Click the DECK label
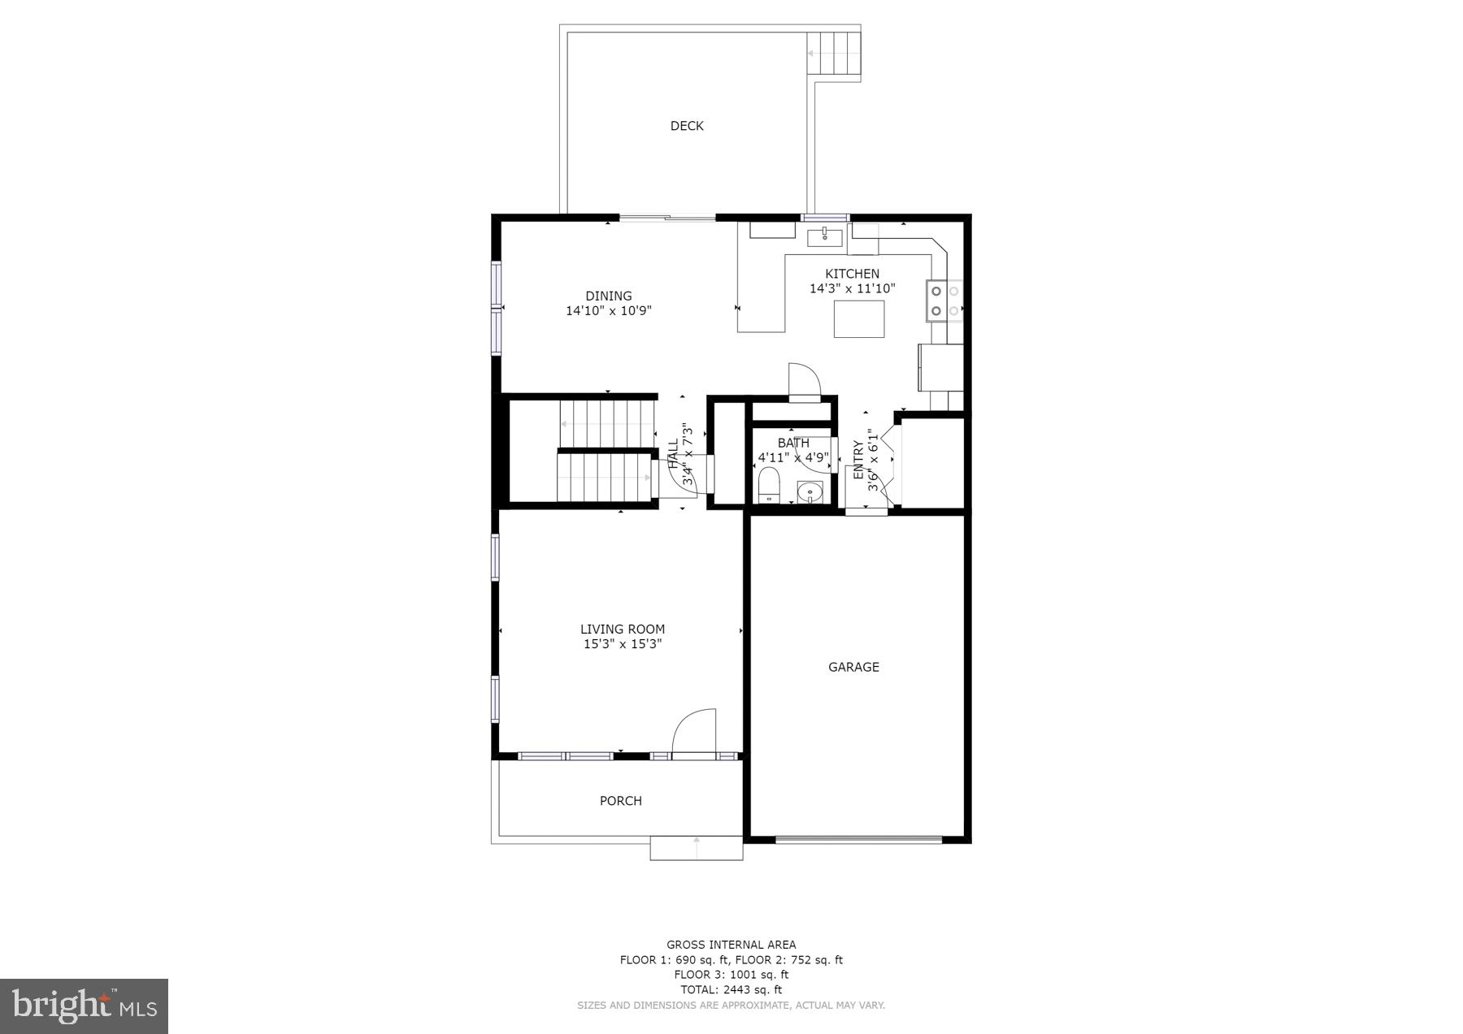(686, 126)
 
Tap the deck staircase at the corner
(833, 54)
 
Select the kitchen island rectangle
(859, 318)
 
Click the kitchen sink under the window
(824, 237)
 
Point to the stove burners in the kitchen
(937, 300)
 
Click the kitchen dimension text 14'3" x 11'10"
(852, 288)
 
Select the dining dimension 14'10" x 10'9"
(608, 310)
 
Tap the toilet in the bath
(768, 487)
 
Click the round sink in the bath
(810, 491)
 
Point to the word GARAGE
(853, 667)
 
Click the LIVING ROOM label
(622, 629)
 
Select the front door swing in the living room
(695, 731)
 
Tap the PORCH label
(620, 801)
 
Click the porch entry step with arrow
(696, 848)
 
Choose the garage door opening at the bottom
(858, 838)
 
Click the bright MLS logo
(85, 1006)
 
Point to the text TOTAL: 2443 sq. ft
(731, 989)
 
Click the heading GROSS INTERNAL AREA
(731, 945)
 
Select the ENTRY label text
(858, 460)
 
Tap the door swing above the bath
(804, 381)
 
